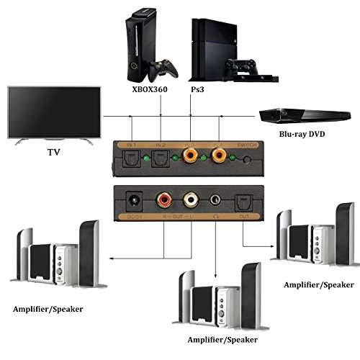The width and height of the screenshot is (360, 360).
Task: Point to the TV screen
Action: (54, 112)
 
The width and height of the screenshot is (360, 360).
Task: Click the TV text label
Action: (53, 152)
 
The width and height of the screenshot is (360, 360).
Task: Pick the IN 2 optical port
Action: (161, 156)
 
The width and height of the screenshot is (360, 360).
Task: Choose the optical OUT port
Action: (243, 201)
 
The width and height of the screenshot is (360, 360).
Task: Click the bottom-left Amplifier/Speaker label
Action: (48, 309)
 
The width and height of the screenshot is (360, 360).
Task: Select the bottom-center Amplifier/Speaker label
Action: (222, 339)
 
